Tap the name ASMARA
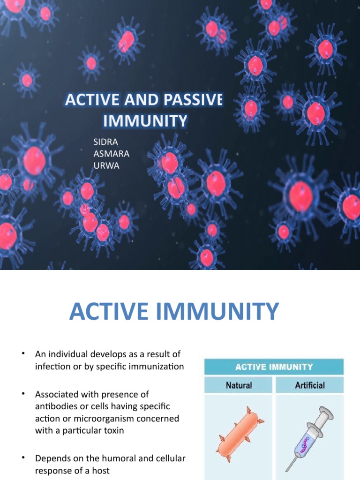pos(111,154)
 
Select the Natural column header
pos(239,385)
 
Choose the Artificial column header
pos(309,385)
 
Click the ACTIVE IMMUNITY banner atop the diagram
pos(274,367)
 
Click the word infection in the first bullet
pos(52,367)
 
